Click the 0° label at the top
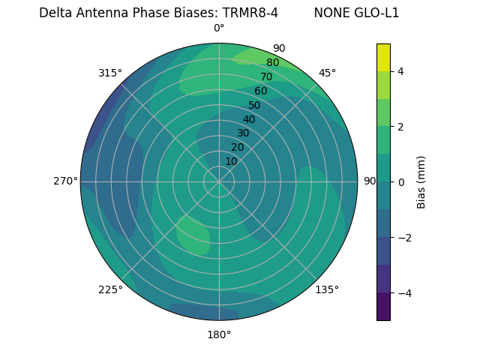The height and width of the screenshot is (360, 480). pos(219,28)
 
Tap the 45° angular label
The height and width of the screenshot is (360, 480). pos(327,73)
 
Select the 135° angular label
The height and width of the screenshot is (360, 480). pos(327,289)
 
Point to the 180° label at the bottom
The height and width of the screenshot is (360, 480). pos(219,334)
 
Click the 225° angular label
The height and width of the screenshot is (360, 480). pos(110,289)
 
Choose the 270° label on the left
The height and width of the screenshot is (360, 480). pos(65,181)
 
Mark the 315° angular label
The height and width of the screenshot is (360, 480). pos(110,73)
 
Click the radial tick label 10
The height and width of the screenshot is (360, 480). pos(231,161)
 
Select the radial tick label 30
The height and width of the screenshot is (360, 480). pos(243,133)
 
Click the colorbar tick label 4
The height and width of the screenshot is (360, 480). pos(400,71)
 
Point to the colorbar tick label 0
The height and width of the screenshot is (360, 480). pos(400,181)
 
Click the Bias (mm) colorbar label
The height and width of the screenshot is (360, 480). pos(421,181)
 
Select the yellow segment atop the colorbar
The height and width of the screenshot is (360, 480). pos(383,57)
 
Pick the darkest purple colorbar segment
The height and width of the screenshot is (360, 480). pos(383,306)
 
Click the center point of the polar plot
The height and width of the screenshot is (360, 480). pos(219,181)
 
